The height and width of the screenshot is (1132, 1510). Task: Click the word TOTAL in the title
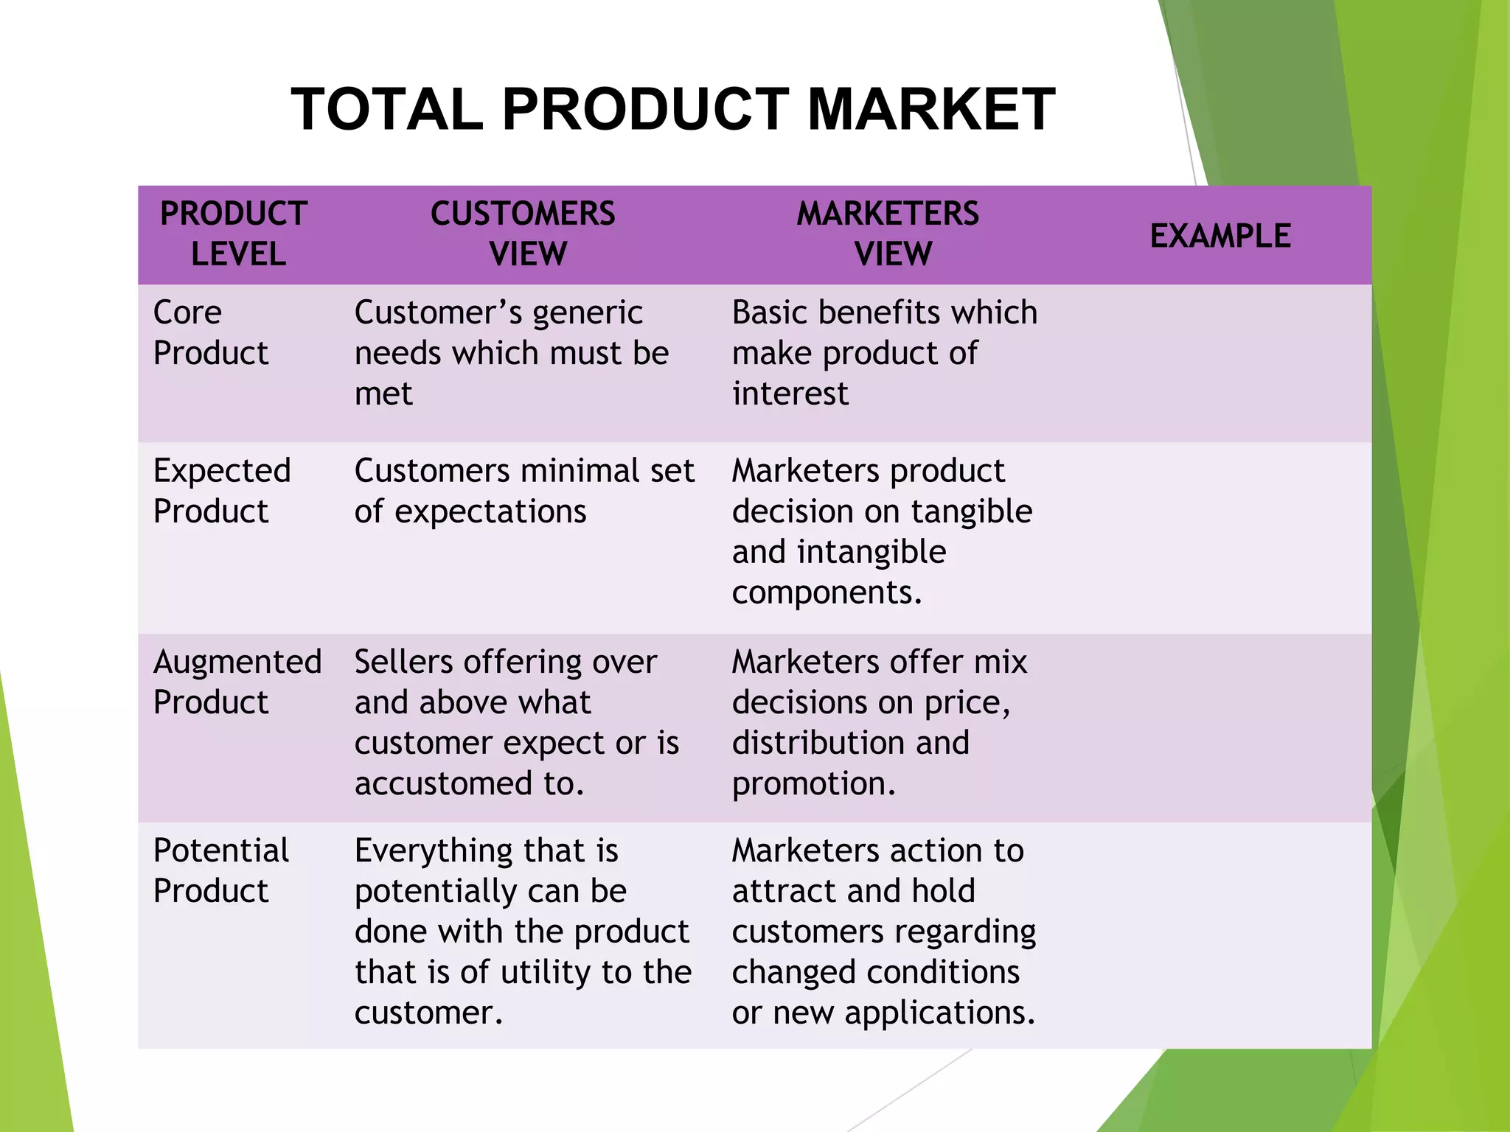[x=387, y=110]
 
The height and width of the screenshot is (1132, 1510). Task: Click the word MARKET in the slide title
[x=931, y=110]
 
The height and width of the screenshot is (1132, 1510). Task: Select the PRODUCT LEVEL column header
[x=234, y=234]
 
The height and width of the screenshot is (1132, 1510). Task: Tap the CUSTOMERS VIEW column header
[x=523, y=234]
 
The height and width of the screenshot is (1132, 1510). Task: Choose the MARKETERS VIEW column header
[x=888, y=234]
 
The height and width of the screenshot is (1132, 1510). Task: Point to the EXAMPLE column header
[x=1220, y=237]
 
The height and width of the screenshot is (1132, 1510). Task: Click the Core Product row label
[x=209, y=332]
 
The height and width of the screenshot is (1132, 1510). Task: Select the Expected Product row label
[x=221, y=490]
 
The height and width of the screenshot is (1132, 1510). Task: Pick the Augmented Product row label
[x=236, y=682]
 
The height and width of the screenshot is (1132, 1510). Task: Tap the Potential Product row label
[x=220, y=870]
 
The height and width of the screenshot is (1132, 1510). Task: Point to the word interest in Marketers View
[x=790, y=394]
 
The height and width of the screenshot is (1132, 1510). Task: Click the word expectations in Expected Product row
[x=490, y=511]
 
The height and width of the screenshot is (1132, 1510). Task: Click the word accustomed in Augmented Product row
[x=443, y=783]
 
